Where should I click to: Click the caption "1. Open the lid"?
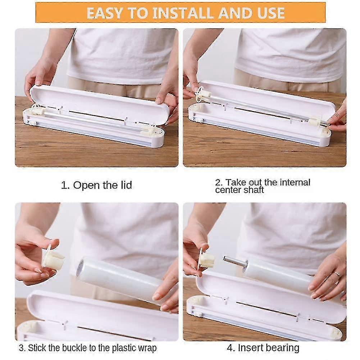(x=96, y=185)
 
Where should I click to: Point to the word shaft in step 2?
(x=250, y=190)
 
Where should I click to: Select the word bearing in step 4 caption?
(x=283, y=348)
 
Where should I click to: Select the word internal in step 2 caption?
(x=292, y=182)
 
